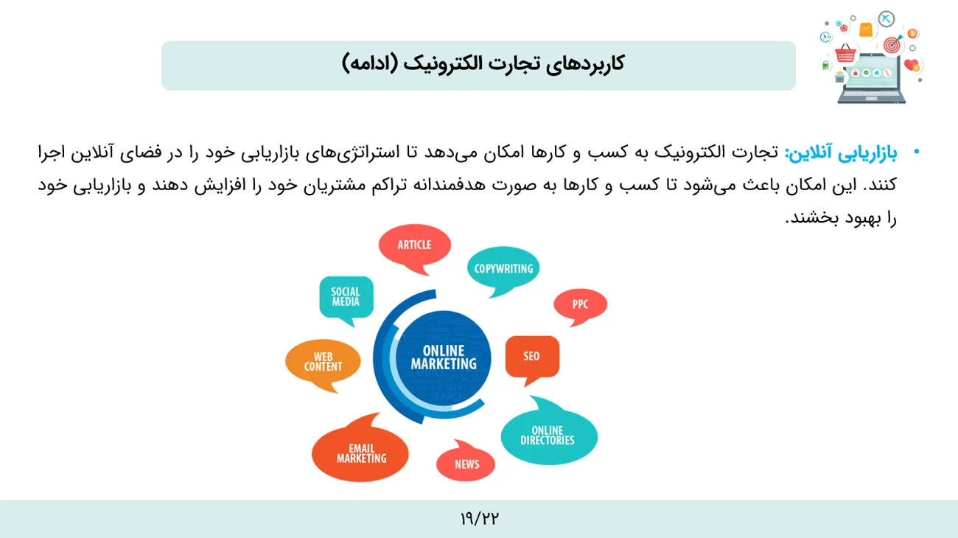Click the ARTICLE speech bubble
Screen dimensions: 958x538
tap(414, 246)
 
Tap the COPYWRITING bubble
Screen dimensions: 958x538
tap(503, 268)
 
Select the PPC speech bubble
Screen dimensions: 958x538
tap(581, 304)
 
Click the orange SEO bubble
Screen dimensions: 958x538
tap(532, 357)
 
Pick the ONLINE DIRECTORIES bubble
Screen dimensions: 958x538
tap(549, 434)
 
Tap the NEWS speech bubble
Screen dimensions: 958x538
tap(466, 463)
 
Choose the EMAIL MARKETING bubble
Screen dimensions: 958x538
tap(360, 452)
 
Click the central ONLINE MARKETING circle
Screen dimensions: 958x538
tap(444, 358)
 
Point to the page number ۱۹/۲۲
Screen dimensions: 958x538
tap(480, 519)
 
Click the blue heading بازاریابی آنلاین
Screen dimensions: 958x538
tap(842, 153)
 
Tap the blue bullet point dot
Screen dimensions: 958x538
tap(916, 151)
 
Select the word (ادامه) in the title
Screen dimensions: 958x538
tap(369, 63)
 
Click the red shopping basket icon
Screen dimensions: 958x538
tap(845, 54)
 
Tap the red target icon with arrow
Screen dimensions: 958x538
tap(892, 44)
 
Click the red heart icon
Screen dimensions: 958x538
tap(912, 65)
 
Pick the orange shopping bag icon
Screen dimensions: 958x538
tap(866, 30)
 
